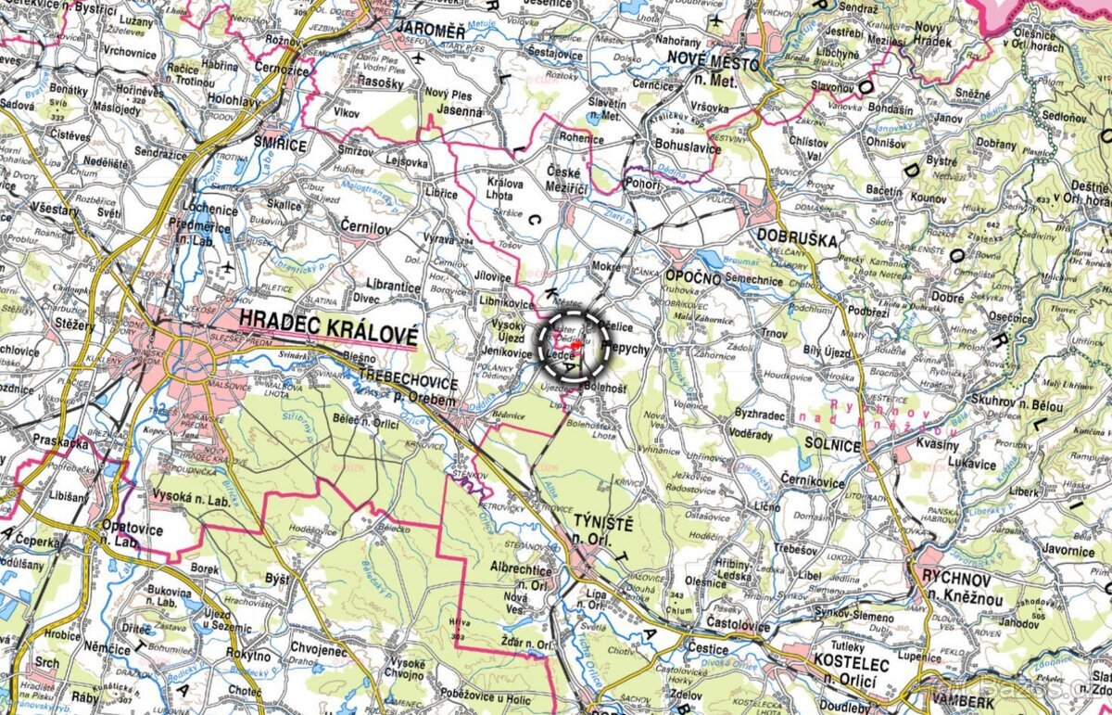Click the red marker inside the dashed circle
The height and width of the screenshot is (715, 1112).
pos(575,345)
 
